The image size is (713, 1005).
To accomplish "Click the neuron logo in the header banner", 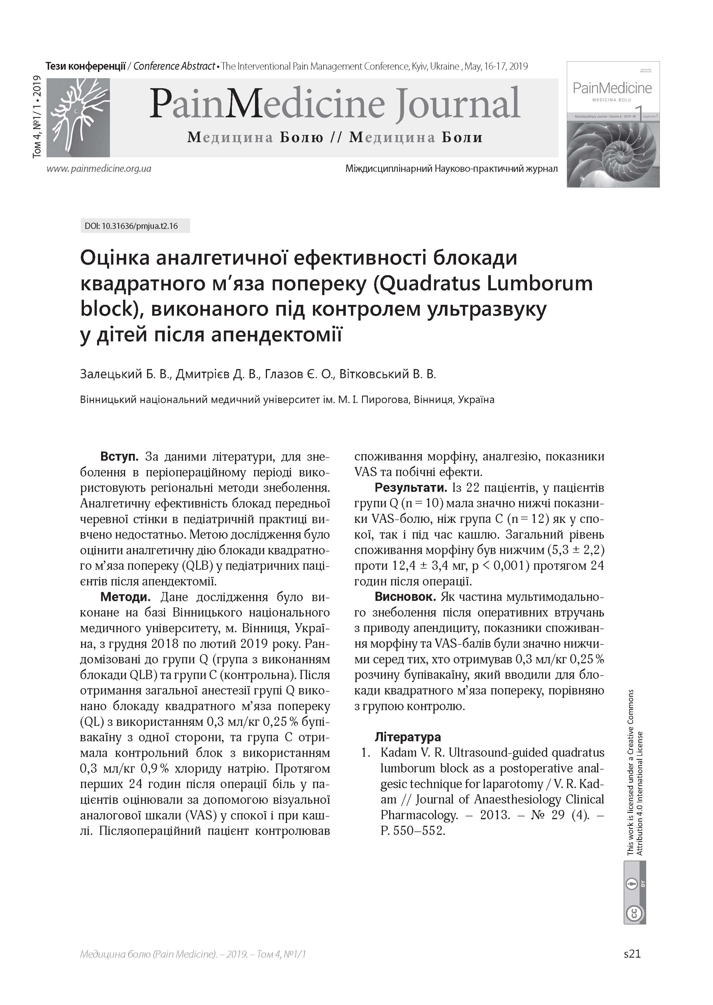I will (78, 117).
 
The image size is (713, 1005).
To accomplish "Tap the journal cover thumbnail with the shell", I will (613, 124).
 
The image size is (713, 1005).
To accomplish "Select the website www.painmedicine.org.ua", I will (99, 168).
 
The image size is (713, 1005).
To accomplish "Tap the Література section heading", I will (408, 737).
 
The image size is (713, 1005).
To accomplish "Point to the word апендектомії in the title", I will (276, 335).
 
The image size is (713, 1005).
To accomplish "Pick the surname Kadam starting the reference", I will (398, 753).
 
